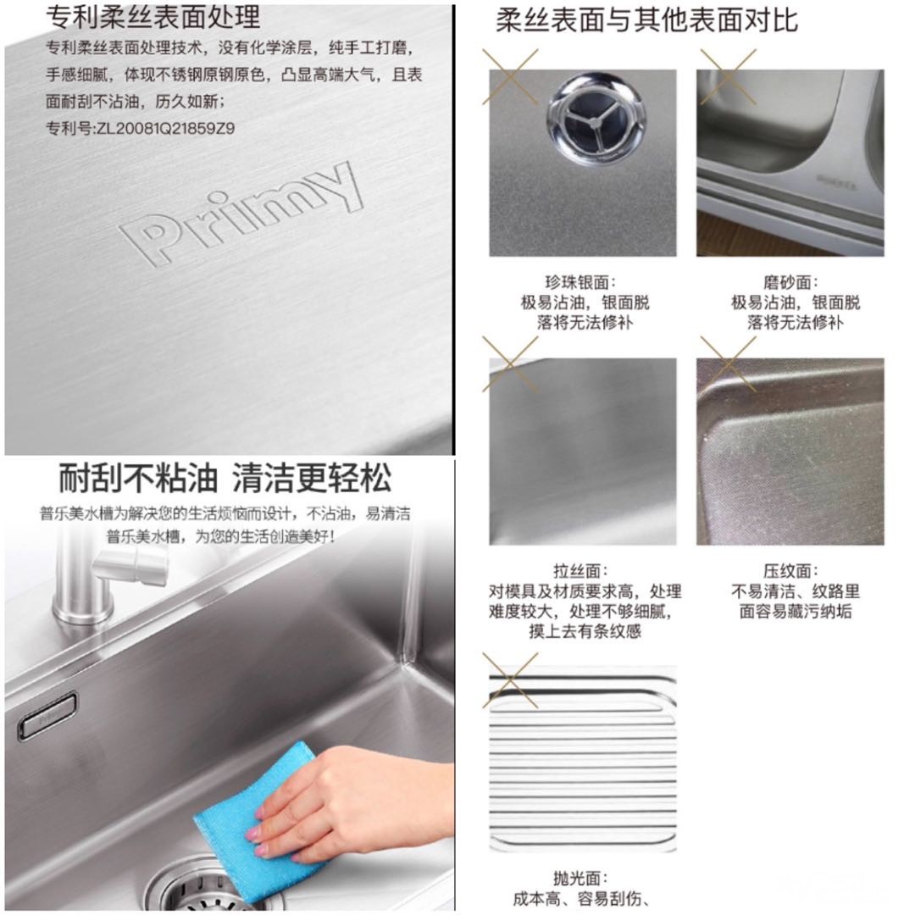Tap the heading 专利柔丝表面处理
(152, 17)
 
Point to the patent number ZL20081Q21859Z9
(165, 128)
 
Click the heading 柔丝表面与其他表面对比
(646, 20)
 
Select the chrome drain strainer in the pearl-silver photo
(596, 117)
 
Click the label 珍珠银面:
(580, 282)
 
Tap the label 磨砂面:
(790, 282)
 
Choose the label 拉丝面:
(580, 570)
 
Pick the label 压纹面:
(790, 570)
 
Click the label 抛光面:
(580, 879)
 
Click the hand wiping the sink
(350, 806)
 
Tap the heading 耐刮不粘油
(138, 479)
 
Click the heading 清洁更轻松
(312, 479)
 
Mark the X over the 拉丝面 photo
(510, 364)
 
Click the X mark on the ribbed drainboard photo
(510, 680)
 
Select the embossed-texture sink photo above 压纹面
(790, 452)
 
